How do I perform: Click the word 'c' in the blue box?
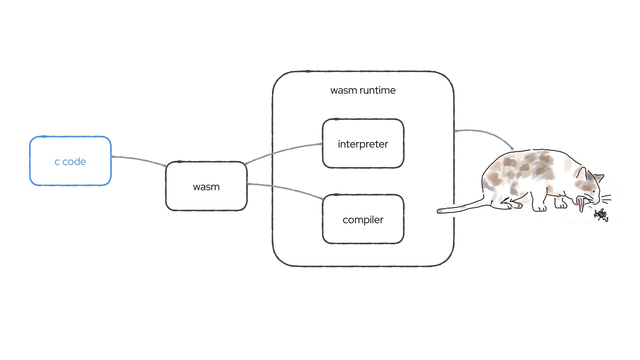(57, 162)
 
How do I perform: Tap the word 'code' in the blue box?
(74, 162)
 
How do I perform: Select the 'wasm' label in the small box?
(206, 187)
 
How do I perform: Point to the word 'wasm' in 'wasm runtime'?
(343, 90)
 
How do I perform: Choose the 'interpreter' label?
(363, 144)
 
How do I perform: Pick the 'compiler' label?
(363, 220)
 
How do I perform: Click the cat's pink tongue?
(581, 204)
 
